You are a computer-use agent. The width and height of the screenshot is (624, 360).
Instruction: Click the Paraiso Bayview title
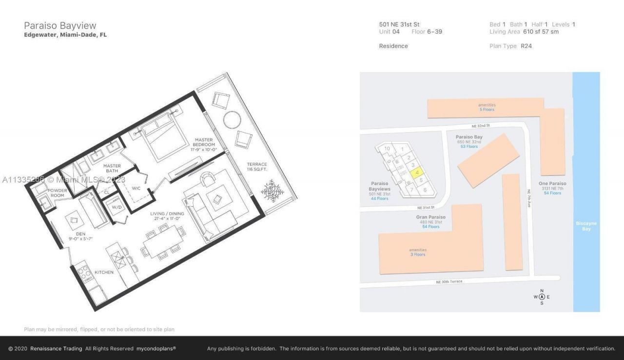(60, 25)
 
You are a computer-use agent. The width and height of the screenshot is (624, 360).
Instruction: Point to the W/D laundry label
(117, 207)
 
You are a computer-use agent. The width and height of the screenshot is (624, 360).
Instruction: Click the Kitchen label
(104, 272)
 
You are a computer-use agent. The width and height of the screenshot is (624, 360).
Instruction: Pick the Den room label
(80, 236)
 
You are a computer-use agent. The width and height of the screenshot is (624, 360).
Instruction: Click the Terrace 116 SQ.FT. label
(256, 167)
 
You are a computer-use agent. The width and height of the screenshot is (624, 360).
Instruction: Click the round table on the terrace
(232, 120)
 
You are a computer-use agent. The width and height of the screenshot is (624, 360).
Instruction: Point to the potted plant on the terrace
(272, 190)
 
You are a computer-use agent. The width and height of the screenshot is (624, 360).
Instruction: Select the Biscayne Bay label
(586, 226)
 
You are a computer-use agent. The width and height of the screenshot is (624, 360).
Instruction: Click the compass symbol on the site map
(542, 297)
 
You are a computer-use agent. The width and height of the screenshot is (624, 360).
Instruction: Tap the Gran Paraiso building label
(430, 217)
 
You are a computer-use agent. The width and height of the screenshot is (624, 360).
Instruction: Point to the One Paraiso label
(552, 183)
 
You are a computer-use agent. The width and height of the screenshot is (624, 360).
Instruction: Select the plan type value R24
(526, 46)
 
